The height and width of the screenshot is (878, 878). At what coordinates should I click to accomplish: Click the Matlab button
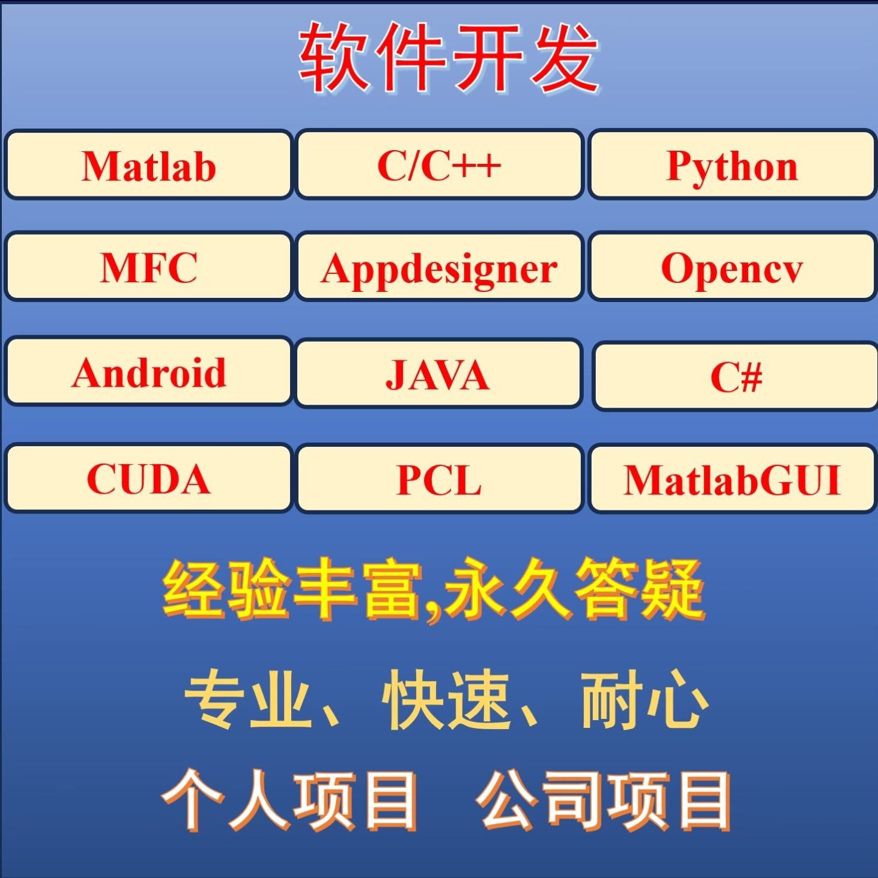pyautogui.click(x=148, y=165)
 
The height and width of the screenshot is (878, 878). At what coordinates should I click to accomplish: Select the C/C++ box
pyautogui.click(x=439, y=165)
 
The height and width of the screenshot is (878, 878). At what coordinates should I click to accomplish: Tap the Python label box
pyautogui.click(x=732, y=165)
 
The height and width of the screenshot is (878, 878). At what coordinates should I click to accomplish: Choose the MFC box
pyautogui.click(x=148, y=267)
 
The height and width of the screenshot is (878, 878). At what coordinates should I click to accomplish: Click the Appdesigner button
pyautogui.click(x=439, y=267)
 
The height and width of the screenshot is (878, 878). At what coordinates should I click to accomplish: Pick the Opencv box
pyautogui.click(x=732, y=267)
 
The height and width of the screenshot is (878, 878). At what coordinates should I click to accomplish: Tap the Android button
pyautogui.click(x=148, y=372)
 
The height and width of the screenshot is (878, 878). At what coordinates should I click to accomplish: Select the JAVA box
pyautogui.click(x=438, y=374)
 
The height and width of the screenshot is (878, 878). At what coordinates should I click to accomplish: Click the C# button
pyautogui.click(x=736, y=376)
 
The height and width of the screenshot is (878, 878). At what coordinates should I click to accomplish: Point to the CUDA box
pyautogui.click(x=148, y=478)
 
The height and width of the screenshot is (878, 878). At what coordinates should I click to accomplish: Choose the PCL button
pyautogui.click(x=439, y=479)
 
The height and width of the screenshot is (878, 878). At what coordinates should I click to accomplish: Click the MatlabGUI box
pyautogui.click(x=732, y=479)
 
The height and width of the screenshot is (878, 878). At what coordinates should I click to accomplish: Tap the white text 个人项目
pyautogui.click(x=289, y=800)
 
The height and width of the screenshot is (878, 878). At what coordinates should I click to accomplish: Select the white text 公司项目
pyautogui.click(x=604, y=800)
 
